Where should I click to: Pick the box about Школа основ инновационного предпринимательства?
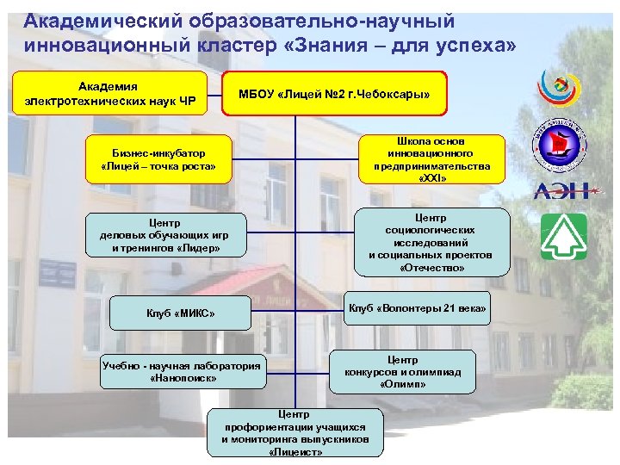pyautogui.click(x=432, y=158)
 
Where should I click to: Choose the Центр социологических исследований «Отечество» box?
pyautogui.click(x=431, y=243)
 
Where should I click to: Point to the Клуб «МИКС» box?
pyautogui.click(x=181, y=313)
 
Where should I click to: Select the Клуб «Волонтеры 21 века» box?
pyautogui.click(x=418, y=307)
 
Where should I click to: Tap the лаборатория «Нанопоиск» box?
pyautogui.click(x=182, y=371)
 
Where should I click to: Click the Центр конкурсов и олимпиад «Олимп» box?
pyautogui.click(x=403, y=372)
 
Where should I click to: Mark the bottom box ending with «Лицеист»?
pyautogui.click(x=295, y=428)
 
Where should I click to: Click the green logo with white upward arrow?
pyautogui.click(x=563, y=237)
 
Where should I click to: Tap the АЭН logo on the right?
pyautogui.click(x=563, y=190)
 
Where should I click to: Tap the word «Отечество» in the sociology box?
pyautogui.click(x=431, y=268)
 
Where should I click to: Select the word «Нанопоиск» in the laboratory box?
pyautogui.click(x=182, y=378)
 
